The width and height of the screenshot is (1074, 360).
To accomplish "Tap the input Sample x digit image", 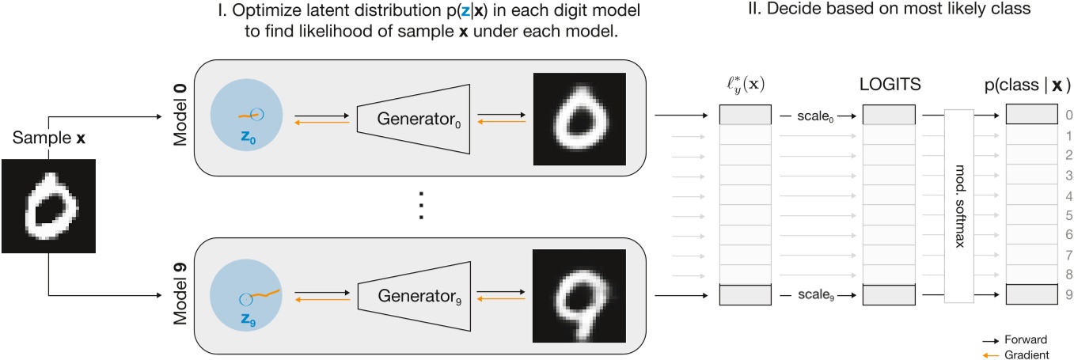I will tap(49, 206).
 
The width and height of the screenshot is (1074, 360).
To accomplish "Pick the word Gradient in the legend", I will tap(1030, 354).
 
